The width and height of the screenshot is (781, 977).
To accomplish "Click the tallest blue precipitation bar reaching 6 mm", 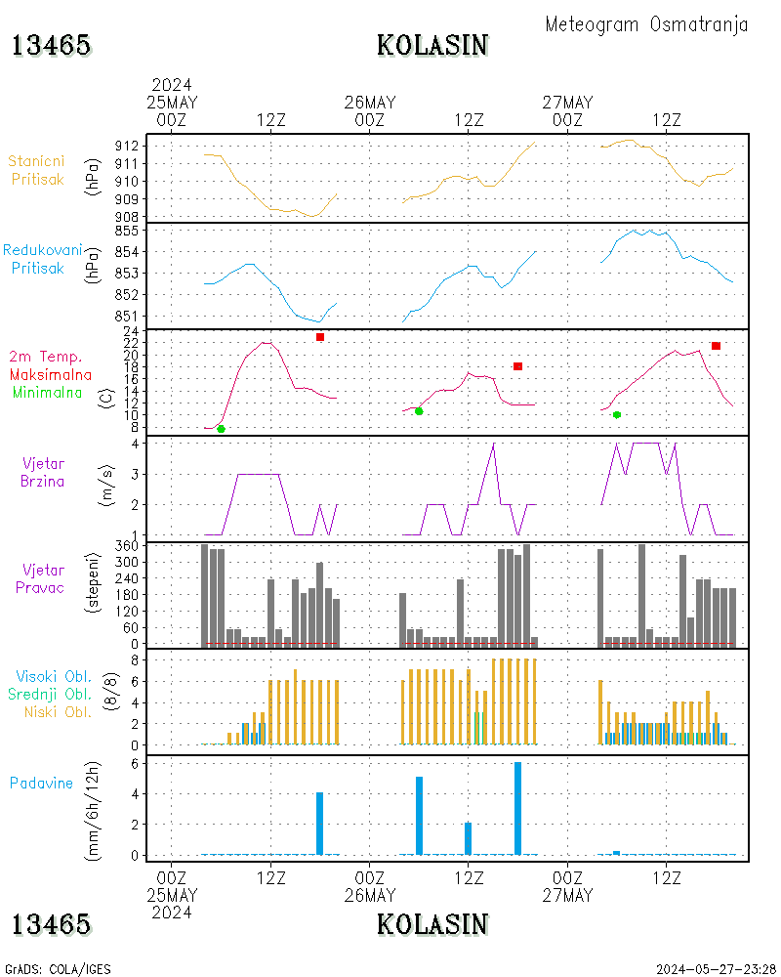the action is [x=517, y=808].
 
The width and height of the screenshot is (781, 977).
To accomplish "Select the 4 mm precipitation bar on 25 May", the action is [x=319, y=823].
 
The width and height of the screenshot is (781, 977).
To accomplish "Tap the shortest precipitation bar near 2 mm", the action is [x=469, y=838].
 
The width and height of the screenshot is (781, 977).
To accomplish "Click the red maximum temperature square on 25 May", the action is [x=320, y=337].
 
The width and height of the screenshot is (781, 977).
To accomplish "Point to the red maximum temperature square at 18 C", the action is [x=517, y=366].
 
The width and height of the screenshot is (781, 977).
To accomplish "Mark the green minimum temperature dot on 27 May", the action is [x=617, y=415].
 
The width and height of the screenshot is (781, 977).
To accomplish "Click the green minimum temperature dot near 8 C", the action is [x=221, y=429].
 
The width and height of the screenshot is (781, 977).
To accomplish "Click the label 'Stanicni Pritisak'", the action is [x=37, y=170].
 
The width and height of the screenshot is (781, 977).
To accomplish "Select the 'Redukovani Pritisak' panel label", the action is [x=42, y=259].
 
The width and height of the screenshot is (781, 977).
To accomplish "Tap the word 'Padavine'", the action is [x=41, y=784].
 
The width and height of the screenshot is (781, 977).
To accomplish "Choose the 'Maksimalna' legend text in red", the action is [x=51, y=375].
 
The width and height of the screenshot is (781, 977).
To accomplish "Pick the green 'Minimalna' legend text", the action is [x=47, y=393].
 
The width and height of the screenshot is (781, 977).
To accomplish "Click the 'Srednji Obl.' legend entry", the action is [x=50, y=694].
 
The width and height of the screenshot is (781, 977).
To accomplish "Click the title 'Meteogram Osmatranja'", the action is [x=646, y=24].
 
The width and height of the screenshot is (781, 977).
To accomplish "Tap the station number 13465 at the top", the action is [x=51, y=46].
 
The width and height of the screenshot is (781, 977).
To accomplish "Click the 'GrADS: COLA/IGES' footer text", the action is [x=58, y=969].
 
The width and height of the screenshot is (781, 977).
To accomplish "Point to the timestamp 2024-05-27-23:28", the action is [x=716, y=969].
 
